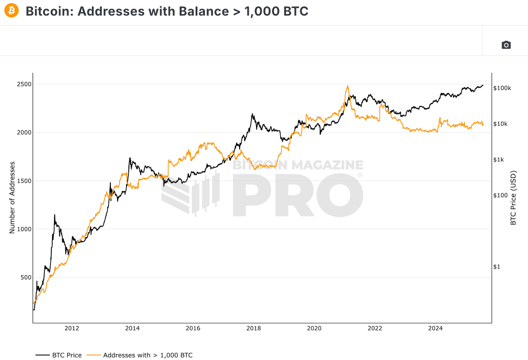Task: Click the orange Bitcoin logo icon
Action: coord(12,11)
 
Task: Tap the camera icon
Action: coord(506,45)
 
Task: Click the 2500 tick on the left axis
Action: coord(24,84)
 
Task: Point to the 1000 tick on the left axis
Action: coord(24,229)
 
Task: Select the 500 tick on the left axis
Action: coord(26,277)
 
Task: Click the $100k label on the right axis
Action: coord(502,88)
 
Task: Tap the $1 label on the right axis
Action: coord(497,267)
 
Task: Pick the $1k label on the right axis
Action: coord(498,160)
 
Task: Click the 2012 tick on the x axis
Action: coord(72,328)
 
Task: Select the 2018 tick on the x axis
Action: coord(253,328)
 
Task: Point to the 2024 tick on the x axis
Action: coord(435,328)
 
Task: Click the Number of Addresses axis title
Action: coord(12,198)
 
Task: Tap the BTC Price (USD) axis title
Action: coord(513,198)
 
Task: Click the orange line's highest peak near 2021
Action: coord(347,86)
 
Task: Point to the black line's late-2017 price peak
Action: coord(252,114)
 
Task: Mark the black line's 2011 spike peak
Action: coord(54,215)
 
